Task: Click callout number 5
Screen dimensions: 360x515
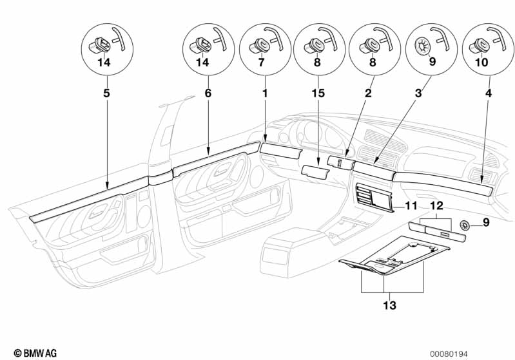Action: point(107,93)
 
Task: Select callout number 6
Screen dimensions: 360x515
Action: point(208,93)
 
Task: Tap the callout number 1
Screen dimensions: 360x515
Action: point(264,93)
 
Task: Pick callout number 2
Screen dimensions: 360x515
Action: point(368,93)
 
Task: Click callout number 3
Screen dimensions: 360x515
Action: point(419,93)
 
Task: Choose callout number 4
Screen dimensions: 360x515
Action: point(489,93)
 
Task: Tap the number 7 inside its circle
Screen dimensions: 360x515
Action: point(261,63)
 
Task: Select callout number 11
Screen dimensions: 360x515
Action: point(411,206)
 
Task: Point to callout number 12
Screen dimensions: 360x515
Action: point(437,206)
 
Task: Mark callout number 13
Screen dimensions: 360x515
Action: point(392,304)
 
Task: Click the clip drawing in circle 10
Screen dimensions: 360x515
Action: point(480,44)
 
